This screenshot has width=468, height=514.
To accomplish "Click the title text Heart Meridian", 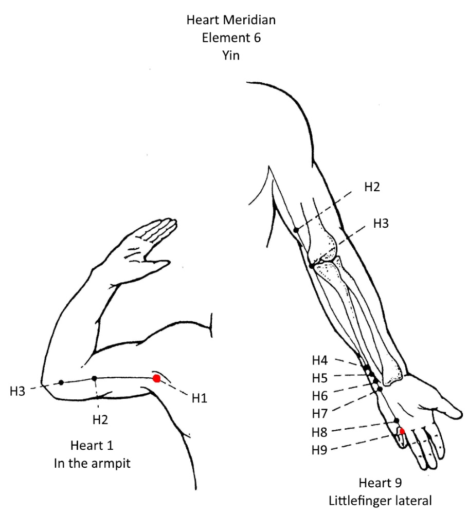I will tap(231, 20).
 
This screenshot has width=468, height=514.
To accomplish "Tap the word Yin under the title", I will tap(231, 55).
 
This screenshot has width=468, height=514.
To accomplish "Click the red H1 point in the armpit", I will tap(156, 378).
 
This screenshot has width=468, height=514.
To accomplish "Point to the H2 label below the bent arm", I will tap(100, 419).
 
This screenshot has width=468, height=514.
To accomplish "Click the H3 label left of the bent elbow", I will tap(17, 391).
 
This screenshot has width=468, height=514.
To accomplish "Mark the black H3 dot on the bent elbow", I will tap(61, 382).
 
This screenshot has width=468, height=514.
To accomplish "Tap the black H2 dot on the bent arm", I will tap(95, 378).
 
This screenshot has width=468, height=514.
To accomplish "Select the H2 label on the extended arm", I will tap(372, 187).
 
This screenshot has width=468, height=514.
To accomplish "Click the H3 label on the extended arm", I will tap(381, 224).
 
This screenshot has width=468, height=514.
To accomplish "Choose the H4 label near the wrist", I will tap(319, 360).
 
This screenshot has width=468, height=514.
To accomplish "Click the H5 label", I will tap(319, 378).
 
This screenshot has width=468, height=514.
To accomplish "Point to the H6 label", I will tap(319, 396).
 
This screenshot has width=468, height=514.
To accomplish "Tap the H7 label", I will tap(319, 414).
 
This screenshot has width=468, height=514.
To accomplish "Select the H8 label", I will tap(319, 432).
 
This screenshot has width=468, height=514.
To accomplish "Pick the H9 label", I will tap(319, 450).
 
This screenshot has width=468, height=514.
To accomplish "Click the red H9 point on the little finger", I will tap(402, 431).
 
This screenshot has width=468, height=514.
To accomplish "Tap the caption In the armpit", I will tap(92, 463).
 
